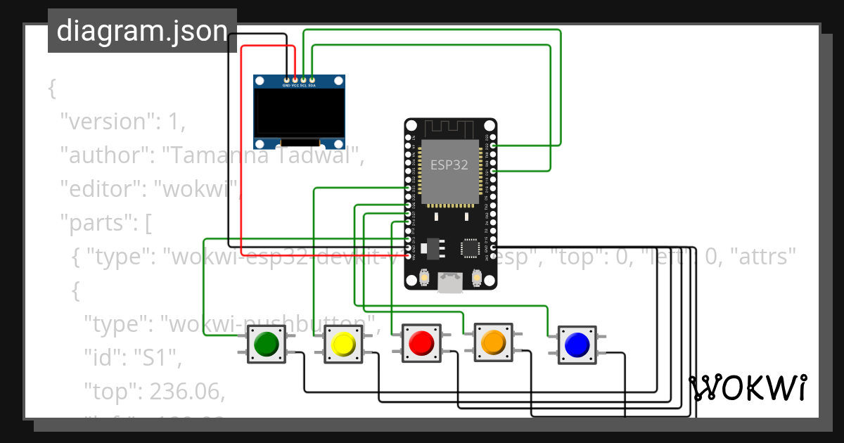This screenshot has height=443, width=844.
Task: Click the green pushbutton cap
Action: (266, 345)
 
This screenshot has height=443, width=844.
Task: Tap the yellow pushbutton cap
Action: (343, 345)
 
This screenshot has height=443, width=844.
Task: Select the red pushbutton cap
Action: (421, 343)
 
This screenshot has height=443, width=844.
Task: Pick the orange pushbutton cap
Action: (493, 342)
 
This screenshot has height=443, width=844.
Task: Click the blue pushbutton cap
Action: (577, 345)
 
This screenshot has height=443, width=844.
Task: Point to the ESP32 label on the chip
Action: (449, 165)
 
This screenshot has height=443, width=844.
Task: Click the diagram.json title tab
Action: (142, 31)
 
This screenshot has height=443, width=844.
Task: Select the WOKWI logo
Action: (748, 388)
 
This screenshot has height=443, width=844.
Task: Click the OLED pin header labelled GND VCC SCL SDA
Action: (299, 82)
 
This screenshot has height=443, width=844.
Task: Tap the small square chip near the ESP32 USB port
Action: (469, 248)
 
